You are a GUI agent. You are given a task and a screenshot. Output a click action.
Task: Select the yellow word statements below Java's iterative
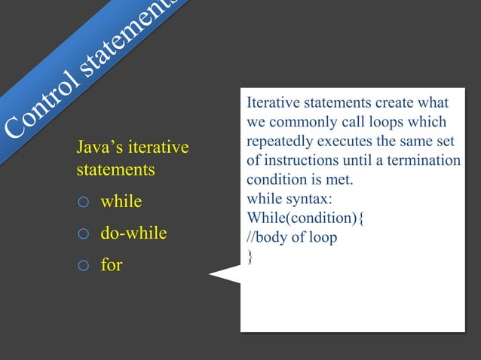click(115, 170)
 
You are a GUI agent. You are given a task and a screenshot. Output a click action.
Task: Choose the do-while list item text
click(133, 234)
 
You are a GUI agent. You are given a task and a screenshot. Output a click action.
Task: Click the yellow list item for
click(111, 265)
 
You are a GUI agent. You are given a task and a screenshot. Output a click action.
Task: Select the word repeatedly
click(281, 142)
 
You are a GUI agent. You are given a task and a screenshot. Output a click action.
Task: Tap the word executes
click(351, 142)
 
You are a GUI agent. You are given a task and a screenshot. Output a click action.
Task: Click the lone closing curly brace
click(250, 258)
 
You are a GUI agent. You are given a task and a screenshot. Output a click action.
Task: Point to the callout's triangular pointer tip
click(210, 276)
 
